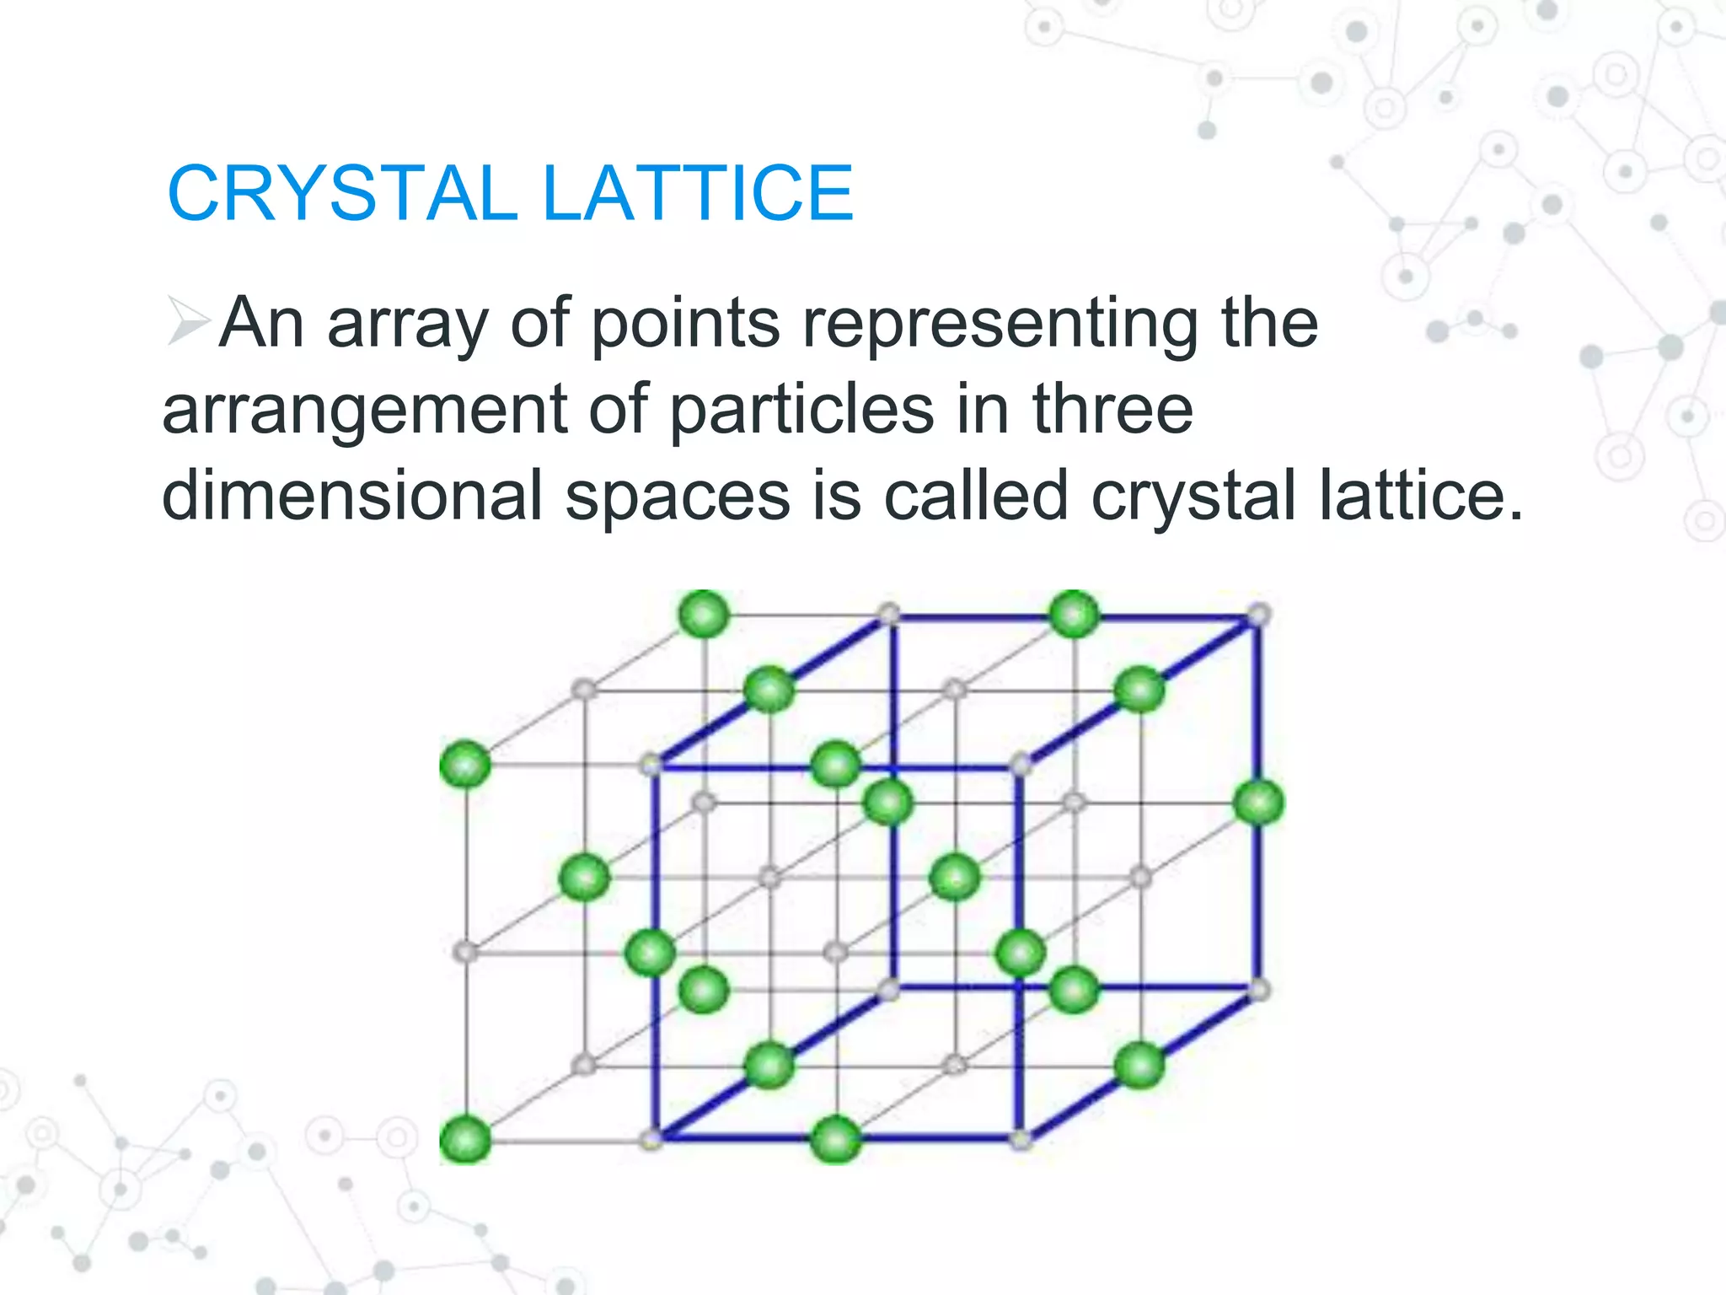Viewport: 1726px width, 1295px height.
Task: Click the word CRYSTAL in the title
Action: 341,193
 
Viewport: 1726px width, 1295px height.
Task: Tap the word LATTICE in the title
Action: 698,193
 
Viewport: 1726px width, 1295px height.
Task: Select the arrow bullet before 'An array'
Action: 187,321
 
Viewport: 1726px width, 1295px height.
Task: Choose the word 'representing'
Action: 1000,325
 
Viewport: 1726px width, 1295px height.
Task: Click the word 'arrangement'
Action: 364,411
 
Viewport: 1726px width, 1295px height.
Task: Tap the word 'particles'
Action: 801,411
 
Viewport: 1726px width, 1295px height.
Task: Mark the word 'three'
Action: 1112,410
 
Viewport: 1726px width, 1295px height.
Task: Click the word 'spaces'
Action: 677,497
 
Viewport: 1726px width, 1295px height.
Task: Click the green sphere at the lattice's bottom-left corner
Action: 465,1139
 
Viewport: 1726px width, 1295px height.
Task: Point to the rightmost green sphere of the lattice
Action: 1258,802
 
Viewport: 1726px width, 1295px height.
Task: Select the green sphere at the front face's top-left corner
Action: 465,765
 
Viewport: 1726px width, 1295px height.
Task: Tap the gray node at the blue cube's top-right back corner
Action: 1257,615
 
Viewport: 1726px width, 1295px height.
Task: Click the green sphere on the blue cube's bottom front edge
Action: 835,1139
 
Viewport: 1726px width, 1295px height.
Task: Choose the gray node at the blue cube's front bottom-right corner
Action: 1021,1140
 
